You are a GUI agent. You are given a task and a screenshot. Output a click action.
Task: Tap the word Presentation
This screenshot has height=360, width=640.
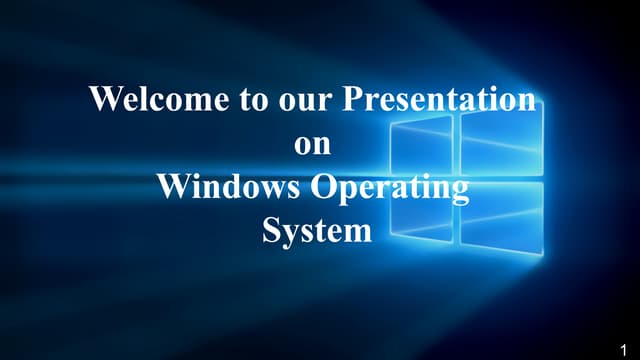pyautogui.click(x=438, y=99)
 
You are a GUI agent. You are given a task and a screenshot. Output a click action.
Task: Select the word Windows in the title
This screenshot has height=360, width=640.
pyautogui.click(x=226, y=187)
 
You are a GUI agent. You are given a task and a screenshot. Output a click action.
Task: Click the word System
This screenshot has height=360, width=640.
pyautogui.click(x=316, y=231)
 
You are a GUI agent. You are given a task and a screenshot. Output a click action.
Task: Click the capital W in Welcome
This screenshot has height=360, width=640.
pyautogui.click(x=104, y=99)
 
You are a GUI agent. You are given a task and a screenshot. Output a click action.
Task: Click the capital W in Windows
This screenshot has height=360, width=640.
pyautogui.click(x=173, y=187)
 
